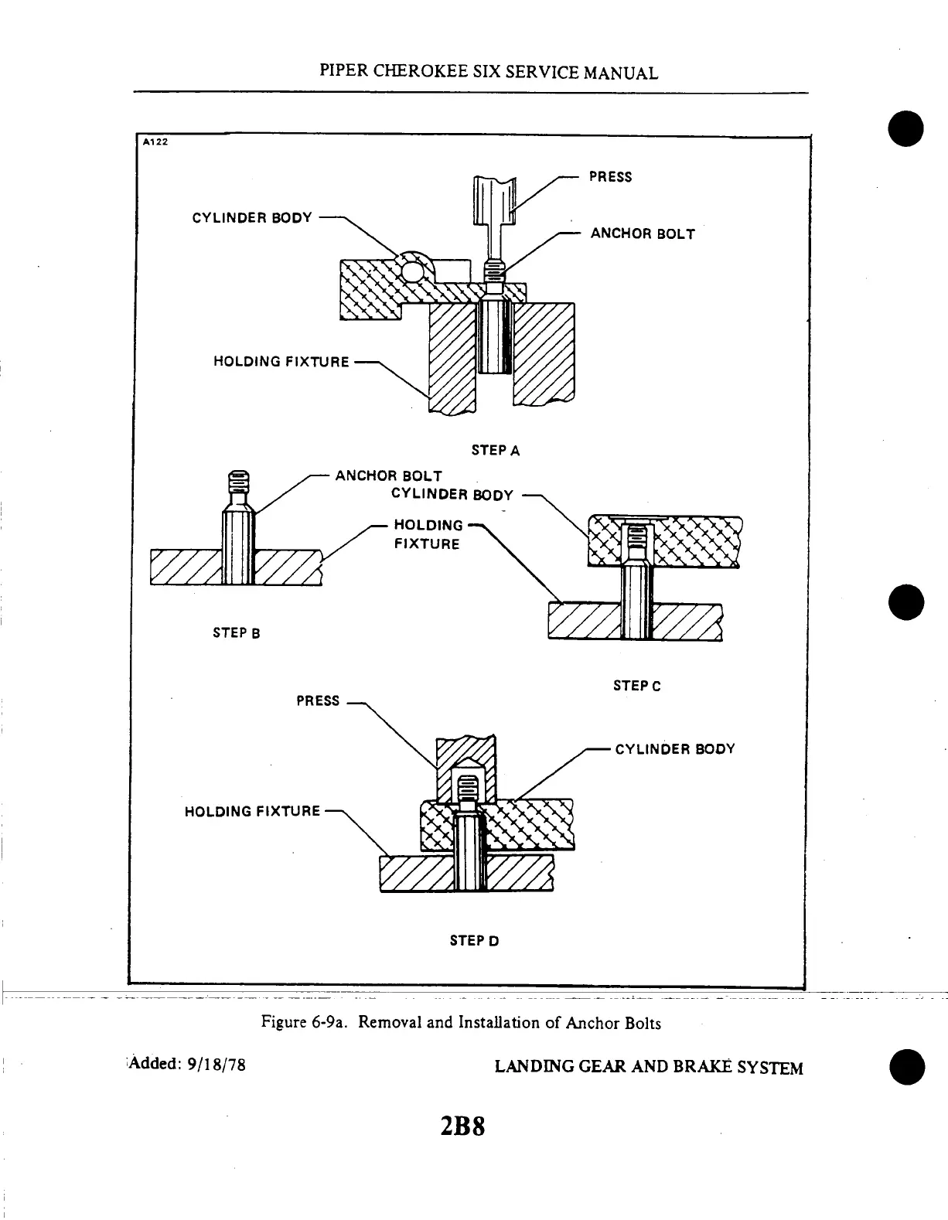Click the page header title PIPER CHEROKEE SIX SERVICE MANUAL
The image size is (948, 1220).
pos(489,73)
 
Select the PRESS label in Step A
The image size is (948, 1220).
pos(610,177)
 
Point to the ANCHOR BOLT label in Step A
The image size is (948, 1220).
pos(643,233)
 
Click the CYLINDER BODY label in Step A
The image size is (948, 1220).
pos(252,218)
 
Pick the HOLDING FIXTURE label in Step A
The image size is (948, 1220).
pos(281,362)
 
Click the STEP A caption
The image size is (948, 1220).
pos(496,450)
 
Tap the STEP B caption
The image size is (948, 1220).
pos(237,633)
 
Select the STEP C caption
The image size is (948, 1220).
pos(637,686)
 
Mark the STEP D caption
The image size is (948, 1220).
pos(475,941)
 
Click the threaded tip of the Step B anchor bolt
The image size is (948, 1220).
pos(239,482)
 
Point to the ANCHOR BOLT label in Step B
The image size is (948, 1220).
pos(388,475)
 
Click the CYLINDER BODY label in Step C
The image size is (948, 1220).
pos(452,495)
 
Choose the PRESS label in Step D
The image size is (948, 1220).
pos(318,701)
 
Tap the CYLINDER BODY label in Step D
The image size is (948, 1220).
pos(675,748)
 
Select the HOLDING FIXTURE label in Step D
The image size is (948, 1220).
pos(252,811)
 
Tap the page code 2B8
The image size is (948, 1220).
pos(462,1126)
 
